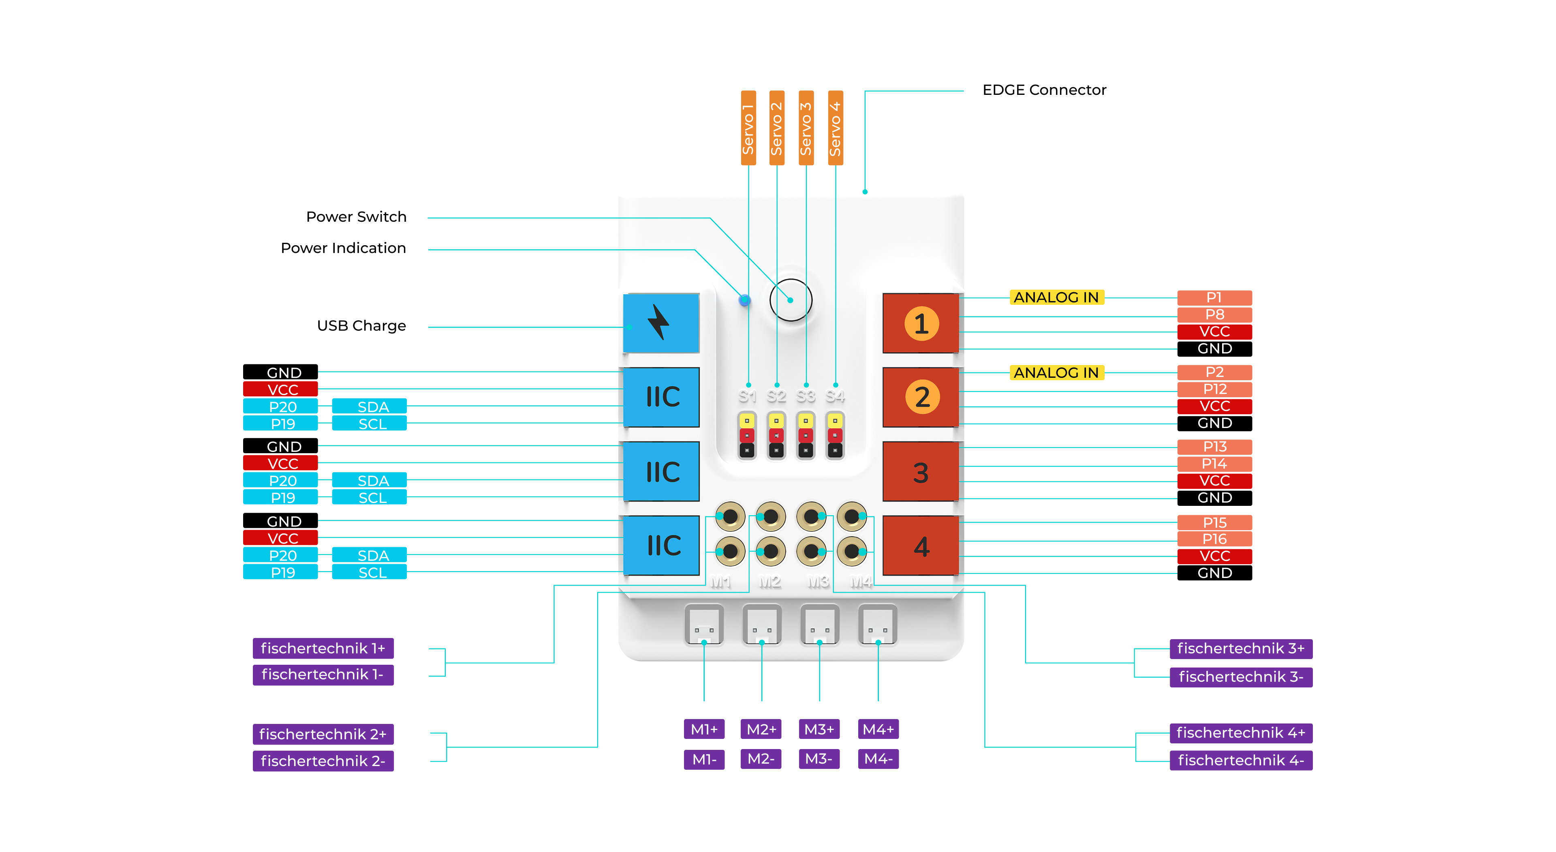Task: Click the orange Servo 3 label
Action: [x=806, y=128]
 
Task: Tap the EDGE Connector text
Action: [x=1044, y=90]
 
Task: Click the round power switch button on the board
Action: [x=791, y=300]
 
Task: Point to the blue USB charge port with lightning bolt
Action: [x=661, y=323]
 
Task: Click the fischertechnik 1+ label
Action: [x=323, y=649]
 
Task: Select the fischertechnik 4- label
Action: [x=1241, y=760]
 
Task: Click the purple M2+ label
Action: [x=761, y=729]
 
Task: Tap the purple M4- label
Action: [x=878, y=759]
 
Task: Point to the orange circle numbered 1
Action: [x=921, y=324]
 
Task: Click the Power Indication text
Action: [x=343, y=248]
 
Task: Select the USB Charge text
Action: [x=361, y=326]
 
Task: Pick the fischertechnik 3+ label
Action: [x=1241, y=649]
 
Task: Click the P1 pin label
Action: [x=1214, y=297]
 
